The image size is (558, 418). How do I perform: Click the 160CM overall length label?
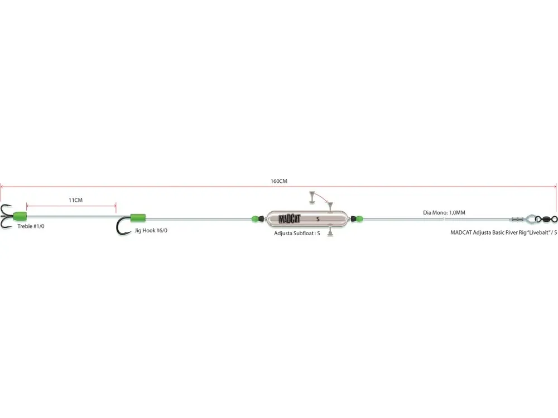pyautogui.click(x=278, y=181)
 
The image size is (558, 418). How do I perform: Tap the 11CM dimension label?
pyautogui.click(x=75, y=200)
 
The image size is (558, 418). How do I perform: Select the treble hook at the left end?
pyautogui.click(x=7, y=216)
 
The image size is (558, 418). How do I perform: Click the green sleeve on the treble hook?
pyautogui.click(x=20, y=216)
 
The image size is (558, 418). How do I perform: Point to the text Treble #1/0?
pyautogui.click(x=31, y=226)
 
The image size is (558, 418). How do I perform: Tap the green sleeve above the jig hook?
pyautogui.click(x=138, y=218)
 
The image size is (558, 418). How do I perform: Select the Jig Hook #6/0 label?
pyautogui.click(x=151, y=230)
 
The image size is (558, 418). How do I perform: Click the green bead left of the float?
pyautogui.click(x=255, y=218)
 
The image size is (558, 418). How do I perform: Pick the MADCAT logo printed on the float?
pyautogui.click(x=289, y=219)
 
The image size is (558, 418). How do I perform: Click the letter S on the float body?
pyautogui.click(x=318, y=219)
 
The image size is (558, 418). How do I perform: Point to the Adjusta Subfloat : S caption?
pyautogui.click(x=297, y=233)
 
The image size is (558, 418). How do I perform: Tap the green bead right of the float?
pyautogui.click(x=359, y=218)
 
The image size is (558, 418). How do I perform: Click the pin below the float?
pyautogui.click(x=330, y=231)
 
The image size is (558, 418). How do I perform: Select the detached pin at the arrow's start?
pyautogui.click(x=312, y=198)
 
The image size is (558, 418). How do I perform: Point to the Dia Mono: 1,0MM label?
pyautogui.click(x=444, y=212)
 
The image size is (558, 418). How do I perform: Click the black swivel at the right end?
pyautogui.click(x=547, y=218)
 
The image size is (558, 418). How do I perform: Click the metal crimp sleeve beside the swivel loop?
pyautogui.click(x=518, y=219)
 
